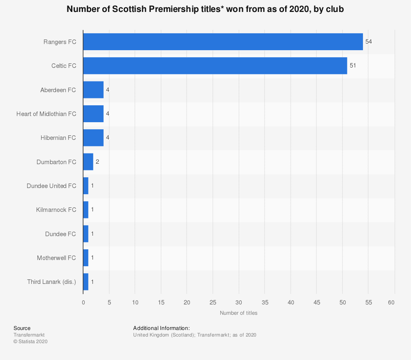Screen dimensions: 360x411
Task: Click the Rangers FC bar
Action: coord(223,42)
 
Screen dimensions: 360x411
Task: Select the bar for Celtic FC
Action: coord(215,66)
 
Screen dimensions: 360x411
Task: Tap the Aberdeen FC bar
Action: coord(93,90)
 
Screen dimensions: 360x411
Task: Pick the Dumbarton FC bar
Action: coord(88,162)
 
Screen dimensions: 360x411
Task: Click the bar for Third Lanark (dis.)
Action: coord(85,282)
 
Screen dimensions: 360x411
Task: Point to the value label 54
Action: coord(369,42)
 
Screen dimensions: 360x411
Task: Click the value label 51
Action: coord(353,66)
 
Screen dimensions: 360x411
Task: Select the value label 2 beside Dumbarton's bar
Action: coord(97,162)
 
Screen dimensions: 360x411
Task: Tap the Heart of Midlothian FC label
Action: coord(46,114)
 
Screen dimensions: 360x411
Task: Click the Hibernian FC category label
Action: coord(58,138)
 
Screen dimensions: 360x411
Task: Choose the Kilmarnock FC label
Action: coord(56,210)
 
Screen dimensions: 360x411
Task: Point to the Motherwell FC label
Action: coord(56,258)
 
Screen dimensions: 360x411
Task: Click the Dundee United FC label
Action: coord(51,186)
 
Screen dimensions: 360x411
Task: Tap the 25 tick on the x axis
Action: coord(213,303)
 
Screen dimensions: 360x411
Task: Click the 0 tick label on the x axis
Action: coord(83,303)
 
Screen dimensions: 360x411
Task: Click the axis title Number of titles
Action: coord(238,313)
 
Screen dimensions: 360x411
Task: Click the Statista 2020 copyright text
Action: coord(30,341)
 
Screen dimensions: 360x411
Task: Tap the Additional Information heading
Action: coord(161,328)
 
